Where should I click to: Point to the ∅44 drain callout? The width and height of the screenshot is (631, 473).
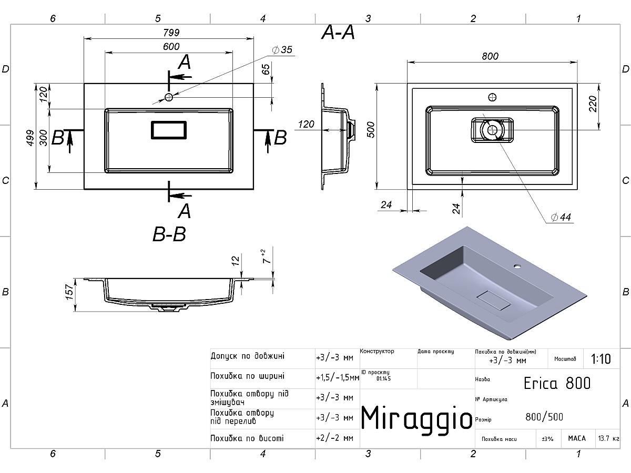point(561,218)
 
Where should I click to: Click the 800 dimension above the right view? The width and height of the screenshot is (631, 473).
point(490,56)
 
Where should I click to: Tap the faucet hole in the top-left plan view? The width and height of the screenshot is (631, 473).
point(169,97)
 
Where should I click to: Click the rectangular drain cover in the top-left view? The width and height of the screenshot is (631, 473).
point(169,130)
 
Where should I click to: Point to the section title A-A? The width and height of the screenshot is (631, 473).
point(339,33)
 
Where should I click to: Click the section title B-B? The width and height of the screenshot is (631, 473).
point(169,234)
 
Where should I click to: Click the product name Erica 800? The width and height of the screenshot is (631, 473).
point(557,383)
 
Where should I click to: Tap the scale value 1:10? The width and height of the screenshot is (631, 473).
point(601,359)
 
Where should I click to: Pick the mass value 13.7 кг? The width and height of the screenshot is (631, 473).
point(608,438)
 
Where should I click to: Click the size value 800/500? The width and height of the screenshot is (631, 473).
point(544,417)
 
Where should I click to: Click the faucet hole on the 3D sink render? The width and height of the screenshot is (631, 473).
point(517,266)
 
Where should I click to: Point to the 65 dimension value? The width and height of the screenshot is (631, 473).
point(266,69)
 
